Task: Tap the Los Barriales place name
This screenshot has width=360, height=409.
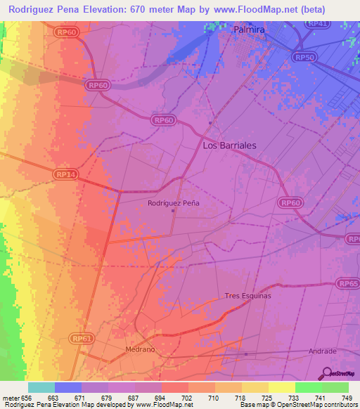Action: click(x=229, y=145)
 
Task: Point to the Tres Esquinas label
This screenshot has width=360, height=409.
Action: click(x=247, y=296)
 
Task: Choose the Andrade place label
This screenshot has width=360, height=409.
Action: click(x=323, y=351)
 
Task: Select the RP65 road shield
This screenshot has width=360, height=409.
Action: click(x=347, y=283)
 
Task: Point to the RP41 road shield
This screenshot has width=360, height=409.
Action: click(x=319, y=23)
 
